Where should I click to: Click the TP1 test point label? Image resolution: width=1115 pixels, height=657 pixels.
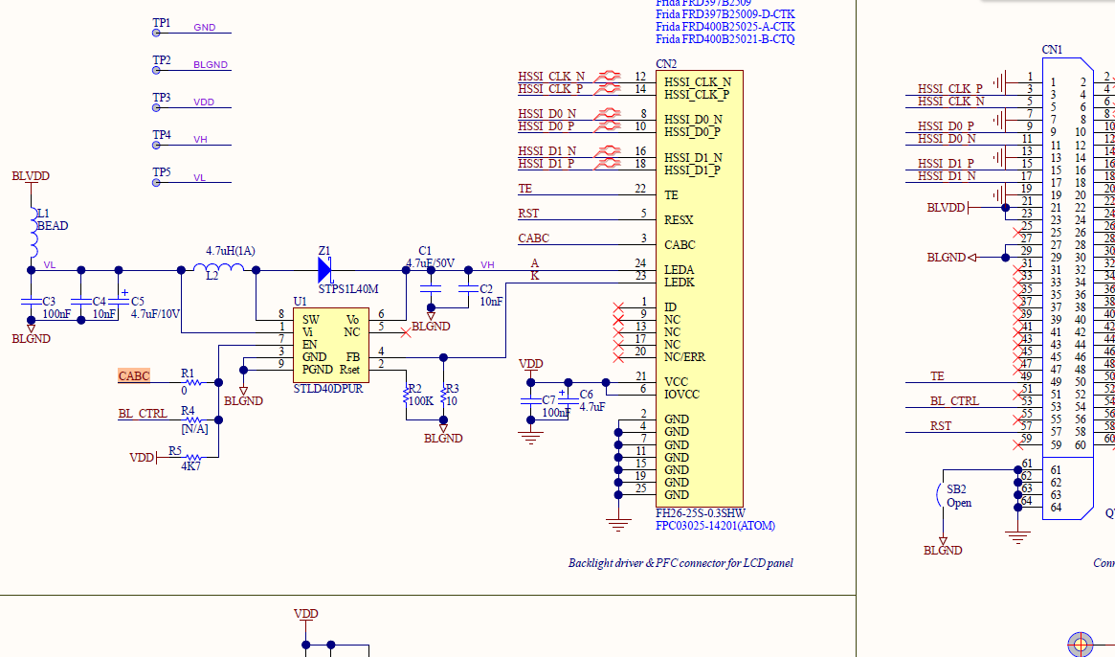click(x=161, y=23)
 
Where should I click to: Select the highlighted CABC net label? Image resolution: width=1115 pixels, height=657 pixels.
click(x=134, y=376)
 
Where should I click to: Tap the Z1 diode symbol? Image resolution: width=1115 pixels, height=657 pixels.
click(x=325, y=270)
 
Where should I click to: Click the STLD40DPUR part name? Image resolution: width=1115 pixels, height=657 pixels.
click(x=328, y=389)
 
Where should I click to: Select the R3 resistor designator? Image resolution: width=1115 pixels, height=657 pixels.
click(x=453, y=389)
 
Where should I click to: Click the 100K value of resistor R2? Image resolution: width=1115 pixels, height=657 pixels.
click(x=420, y=400)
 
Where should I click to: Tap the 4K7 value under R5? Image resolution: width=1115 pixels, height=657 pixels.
click(x=191, y=466)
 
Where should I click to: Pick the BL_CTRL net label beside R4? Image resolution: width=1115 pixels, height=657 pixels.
click(x=143, y=414)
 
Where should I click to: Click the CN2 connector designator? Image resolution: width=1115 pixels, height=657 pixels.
click(x=666, y=64)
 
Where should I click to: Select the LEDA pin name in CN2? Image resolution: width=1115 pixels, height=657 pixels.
click(x=680, y=270)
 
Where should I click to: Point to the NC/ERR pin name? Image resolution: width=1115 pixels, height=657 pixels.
click(x=685, y=357)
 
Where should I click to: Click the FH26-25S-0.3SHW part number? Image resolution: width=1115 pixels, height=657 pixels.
click(x=700, y=512)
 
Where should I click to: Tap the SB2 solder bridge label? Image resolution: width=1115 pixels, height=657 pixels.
click(x=957, y=488)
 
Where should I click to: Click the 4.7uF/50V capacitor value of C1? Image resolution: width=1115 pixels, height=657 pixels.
click(x=432, y=263)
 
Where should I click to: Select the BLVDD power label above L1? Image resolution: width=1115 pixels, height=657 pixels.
click(x=31, y=176)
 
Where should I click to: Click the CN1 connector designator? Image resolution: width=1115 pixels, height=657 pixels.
click(x=1052, y=50)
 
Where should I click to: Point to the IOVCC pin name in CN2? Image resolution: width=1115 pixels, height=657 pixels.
click(x=681, y=395)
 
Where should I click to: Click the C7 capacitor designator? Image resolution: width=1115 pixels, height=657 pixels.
click(x=548, y=399)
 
